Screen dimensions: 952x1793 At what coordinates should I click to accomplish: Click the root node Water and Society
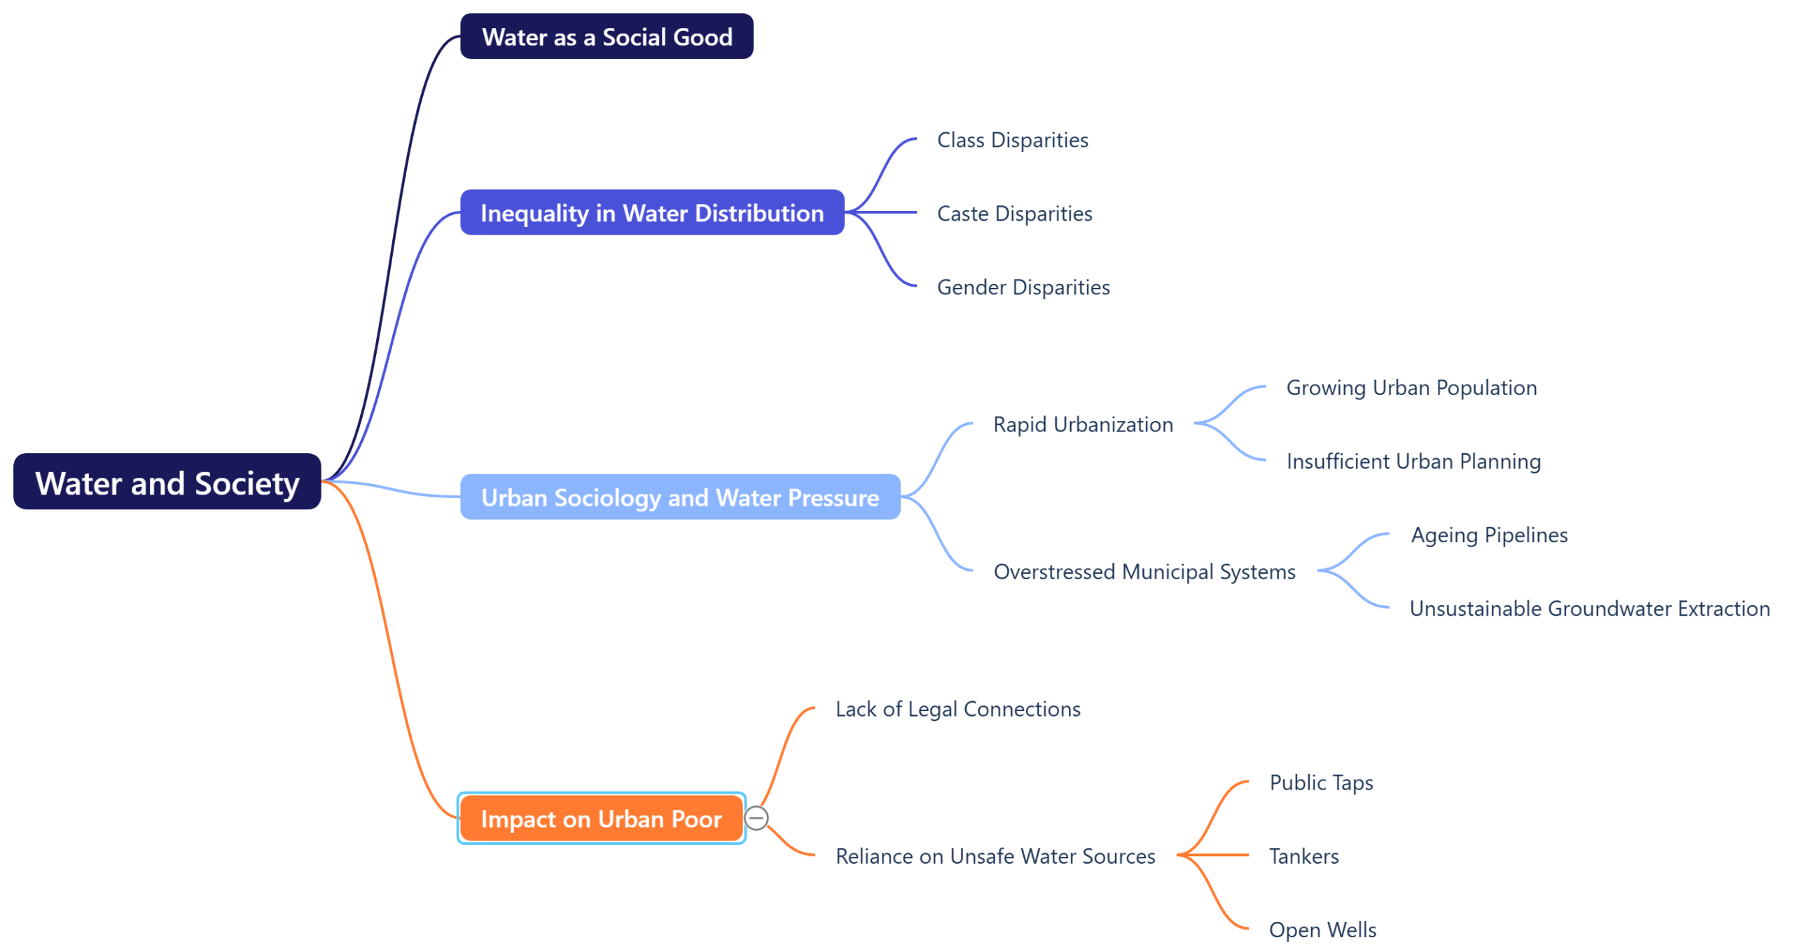[167, 482]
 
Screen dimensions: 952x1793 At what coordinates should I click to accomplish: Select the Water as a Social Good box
[606, 36]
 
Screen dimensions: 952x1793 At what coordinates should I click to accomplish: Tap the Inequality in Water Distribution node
[651, 212]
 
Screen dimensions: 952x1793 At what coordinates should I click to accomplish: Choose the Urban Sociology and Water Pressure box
[679, 497]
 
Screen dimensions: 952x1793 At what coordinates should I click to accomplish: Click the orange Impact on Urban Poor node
[600, 818]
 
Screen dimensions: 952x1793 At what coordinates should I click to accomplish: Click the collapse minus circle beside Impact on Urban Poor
[756, 818]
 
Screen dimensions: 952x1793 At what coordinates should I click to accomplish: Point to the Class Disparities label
[1012, 140]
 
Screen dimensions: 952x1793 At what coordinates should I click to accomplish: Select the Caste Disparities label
[1014, 214]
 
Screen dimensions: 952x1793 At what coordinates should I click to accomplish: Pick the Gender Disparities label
[1023, 287]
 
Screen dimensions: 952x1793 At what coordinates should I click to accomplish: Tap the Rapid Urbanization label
[1082, 425]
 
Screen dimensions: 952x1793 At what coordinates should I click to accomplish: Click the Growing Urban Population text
[1411, 387]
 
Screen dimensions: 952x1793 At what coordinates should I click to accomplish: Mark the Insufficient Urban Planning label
[1413, 461]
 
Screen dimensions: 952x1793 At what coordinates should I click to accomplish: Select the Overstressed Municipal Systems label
[1144, 572]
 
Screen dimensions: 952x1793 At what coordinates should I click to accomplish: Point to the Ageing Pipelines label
[1488, 534]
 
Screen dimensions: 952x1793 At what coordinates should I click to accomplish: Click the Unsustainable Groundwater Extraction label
[1588, 608]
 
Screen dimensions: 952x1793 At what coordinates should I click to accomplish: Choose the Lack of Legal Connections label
[957, 709]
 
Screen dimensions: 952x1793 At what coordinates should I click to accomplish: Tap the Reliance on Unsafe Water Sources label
[995, 856]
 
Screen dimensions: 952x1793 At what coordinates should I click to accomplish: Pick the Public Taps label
[1320, 782]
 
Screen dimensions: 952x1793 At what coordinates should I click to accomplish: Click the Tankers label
[1303, 856]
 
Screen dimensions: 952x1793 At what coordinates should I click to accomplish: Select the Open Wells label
[1322, 930]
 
